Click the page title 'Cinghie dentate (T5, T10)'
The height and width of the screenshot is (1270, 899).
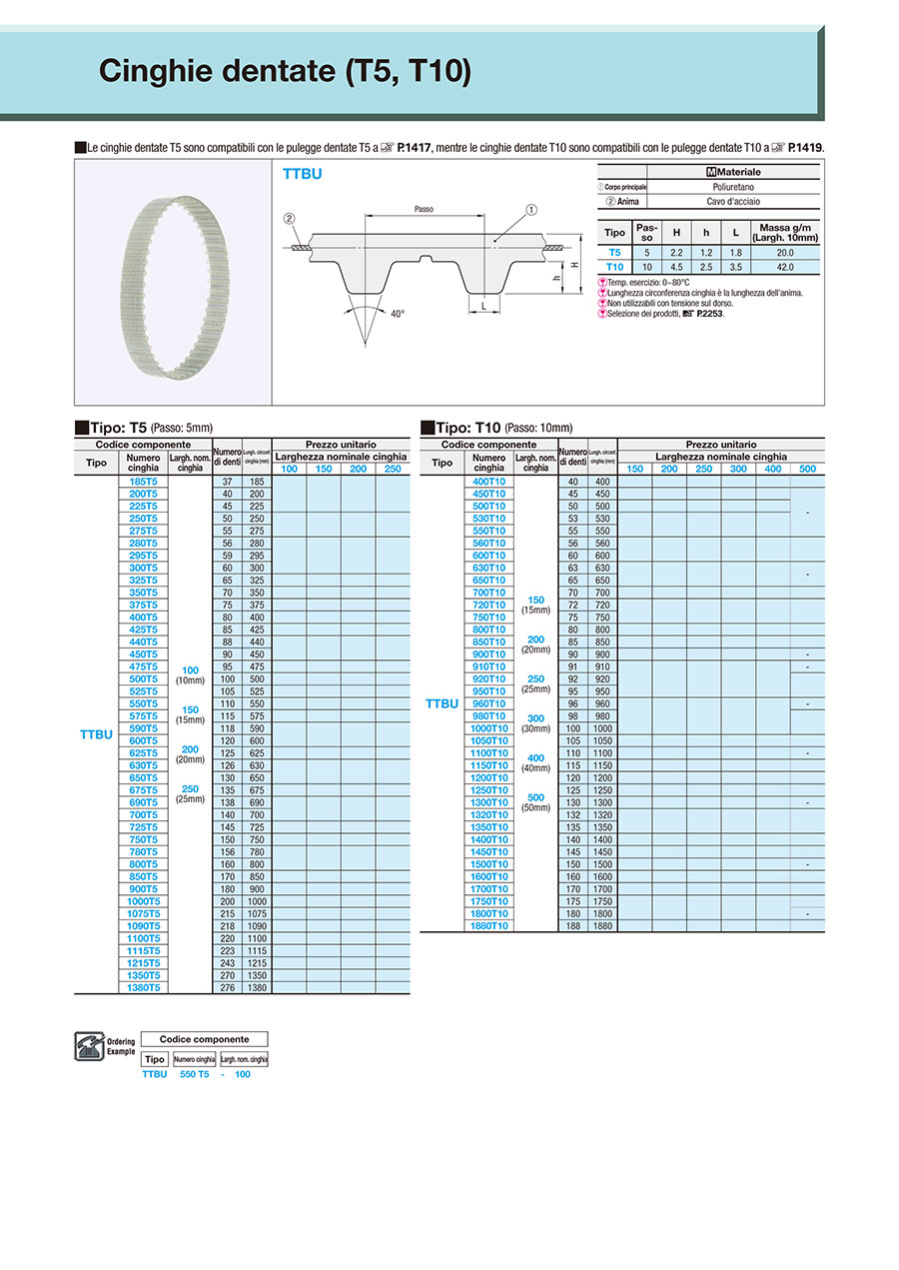[285, 72]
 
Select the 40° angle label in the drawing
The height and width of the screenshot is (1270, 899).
[398, 314]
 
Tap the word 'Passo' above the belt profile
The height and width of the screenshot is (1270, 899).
[423, 209]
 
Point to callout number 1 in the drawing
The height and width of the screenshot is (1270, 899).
[531, 210]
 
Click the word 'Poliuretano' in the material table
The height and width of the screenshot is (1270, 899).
[733, 187]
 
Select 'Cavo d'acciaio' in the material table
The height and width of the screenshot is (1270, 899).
[733, 201]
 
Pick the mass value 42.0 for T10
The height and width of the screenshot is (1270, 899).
[788, 267]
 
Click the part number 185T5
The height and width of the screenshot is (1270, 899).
[144, 482]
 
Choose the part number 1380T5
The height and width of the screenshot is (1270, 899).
[144, 987]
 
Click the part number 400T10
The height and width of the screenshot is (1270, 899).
[488, 482]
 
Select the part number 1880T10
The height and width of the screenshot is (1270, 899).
[488, 925]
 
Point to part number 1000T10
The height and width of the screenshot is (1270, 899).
[488, 728]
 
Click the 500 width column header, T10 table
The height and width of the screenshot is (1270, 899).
[807, 469]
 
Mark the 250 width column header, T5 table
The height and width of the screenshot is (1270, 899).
[393, 469]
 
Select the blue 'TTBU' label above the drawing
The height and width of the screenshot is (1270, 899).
[302, 174]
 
